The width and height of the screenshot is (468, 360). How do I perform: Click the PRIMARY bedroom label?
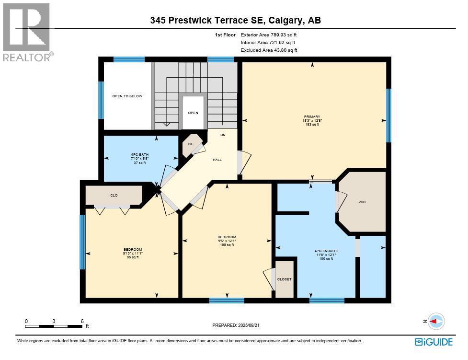(x=312, y=116)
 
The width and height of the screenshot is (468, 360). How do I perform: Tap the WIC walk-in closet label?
(x=362, y=202)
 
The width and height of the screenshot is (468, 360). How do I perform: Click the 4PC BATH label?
(x=138, y=154)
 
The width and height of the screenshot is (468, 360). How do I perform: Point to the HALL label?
(x=217, y=160)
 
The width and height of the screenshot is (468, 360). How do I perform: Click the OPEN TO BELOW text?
(x=127, y=96)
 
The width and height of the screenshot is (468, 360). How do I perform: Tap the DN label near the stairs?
(x=223, y=135)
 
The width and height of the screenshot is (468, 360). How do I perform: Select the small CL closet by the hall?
(x=190, y=144)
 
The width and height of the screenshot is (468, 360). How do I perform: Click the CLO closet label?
(x=114, y=195)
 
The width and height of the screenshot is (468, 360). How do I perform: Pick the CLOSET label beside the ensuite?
(x=284, y=279)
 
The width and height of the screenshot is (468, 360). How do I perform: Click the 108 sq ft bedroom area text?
(x=227, y=245)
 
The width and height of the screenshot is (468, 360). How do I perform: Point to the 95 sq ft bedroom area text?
(x=133, y=257)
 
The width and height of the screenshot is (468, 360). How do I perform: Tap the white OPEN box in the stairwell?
(x=193, y=113)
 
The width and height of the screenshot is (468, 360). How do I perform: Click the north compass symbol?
(x=436, y=321)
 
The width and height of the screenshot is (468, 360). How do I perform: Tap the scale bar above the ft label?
(x=54, y=326)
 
